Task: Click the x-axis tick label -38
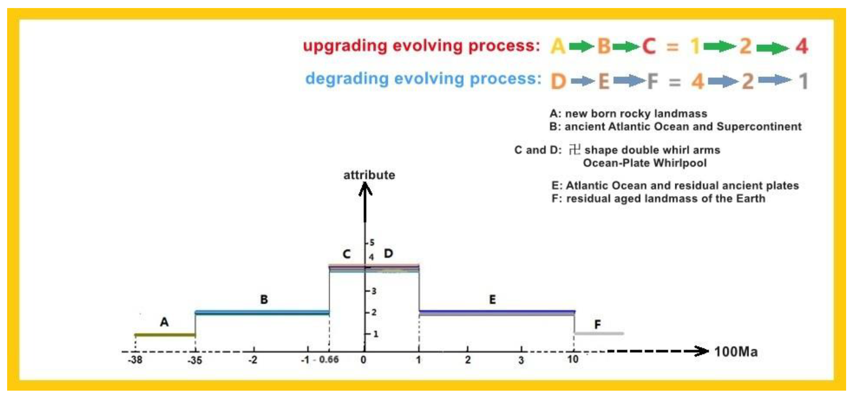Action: click(x=135, y=360)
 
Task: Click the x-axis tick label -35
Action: click(x=195, y=360)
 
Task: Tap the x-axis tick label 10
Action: click(x=573, y=359)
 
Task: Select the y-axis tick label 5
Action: click(x=372, y=243)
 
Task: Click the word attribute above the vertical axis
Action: click(x=369, y=175)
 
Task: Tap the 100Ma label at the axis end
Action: click(x=736, y=352)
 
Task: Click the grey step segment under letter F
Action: click(x=599, y=334)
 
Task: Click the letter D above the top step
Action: click(x=389, y=254)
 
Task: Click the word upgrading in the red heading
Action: click(x=345, y=46)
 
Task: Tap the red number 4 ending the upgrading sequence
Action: click(x=802, y=46)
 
